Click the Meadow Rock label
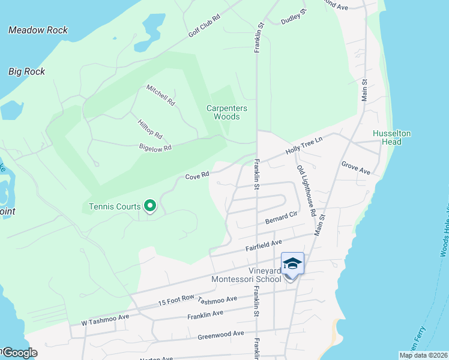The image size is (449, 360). pyautogui.click(x=38, y=30)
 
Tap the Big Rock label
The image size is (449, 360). pyautogui.click(x=26, y=71)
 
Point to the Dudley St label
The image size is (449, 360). pyautogui.click(x=294, y=17)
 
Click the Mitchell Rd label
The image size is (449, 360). pyautogui.click(x=160, y=95)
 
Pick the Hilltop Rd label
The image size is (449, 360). pyautogui.click(x=150, y=127)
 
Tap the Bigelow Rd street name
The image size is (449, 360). pyautogui.click(x=155, y=147)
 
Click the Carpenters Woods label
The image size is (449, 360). pyautogui.click(x=228, y=112)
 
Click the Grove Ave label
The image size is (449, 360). pyautogui.click(x=355, y=167)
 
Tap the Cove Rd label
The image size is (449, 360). pyautogui.click(x=197, y=176)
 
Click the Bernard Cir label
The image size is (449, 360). pyautogui.click(x=282, y=217)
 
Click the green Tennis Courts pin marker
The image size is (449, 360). pyautogui.click(x=150, y=206)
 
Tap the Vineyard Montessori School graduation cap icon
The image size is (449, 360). pyautogui.click(x=292, y=264)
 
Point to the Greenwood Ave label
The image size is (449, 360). pyautogui.click(x=221, y=334)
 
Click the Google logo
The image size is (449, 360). pyautogui.click(x=19, y=353)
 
